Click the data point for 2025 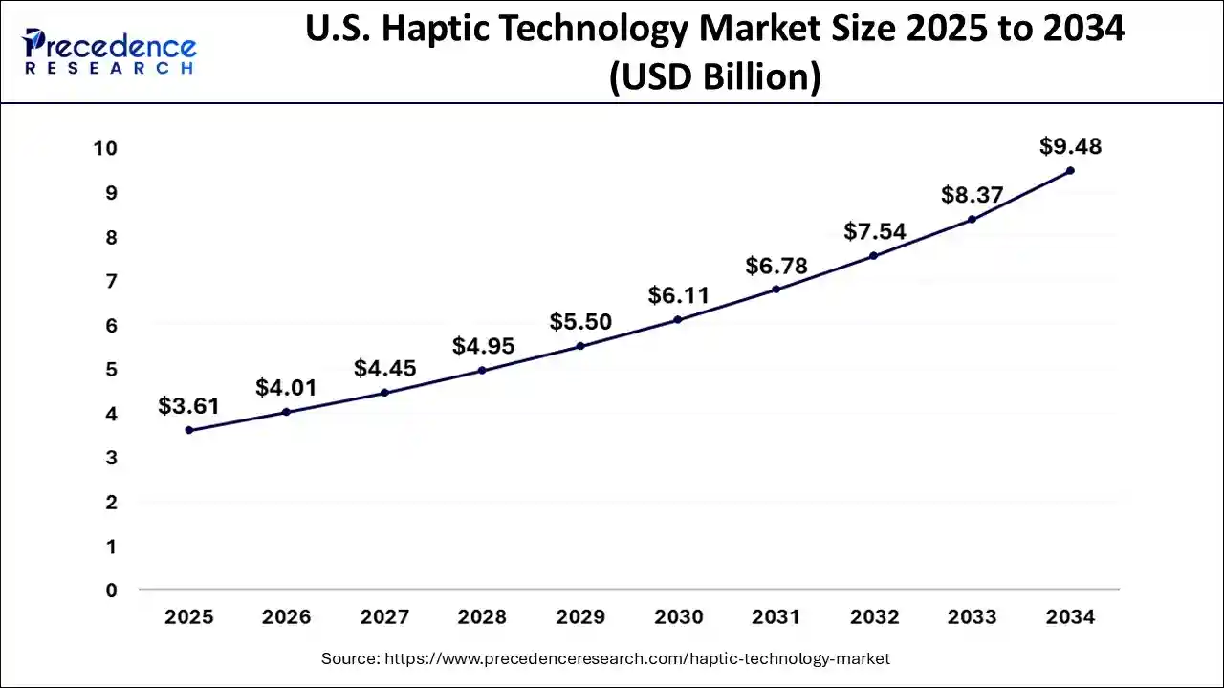coord(189,430)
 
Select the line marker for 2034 coord(1070,171)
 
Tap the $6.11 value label coord(678,295)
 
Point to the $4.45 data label coord(384,368)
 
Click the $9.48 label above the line coord(1070,147)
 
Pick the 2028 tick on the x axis coord(482,617)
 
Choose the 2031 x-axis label coord(776,617)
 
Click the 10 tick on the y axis coord(105,148)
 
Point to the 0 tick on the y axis coord(111,591)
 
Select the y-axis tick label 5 coord(111,370)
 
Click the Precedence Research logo coord(110,53)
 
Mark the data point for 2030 coord(678,319)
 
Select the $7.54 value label coord(874,231)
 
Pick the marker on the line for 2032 coord(874,256)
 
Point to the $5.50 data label coord(580,322)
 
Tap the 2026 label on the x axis coord(287,617)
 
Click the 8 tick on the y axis coord(111,237)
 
